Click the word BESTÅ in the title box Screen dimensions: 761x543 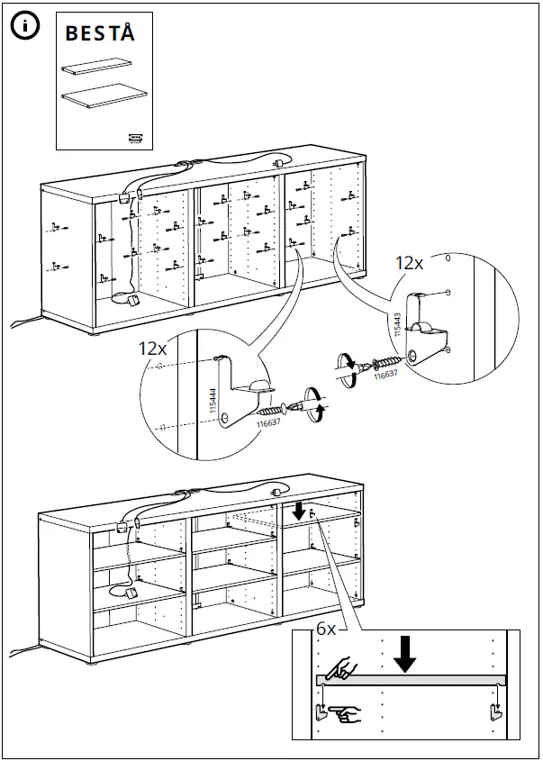100,34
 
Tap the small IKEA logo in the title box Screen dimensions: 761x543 133,138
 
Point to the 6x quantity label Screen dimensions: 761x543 325,630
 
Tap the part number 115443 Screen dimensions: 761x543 398,322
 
